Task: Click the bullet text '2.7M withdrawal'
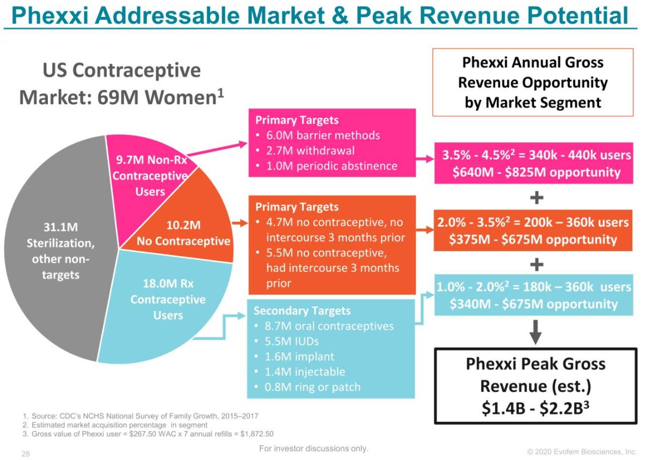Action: (x=310, y=150)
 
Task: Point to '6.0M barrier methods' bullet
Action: (x=323, y=135)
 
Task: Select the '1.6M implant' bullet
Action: (x=299, y=356)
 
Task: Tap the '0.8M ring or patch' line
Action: (x=312, y=387)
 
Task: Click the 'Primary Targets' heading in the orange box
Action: (x=297, y=207)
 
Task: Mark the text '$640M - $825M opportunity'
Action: (x=537, y=172)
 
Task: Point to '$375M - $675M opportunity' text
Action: (x=533, y=240)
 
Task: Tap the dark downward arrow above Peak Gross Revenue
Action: (x=536, y=332)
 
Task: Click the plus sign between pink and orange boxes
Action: (x=537, y=198)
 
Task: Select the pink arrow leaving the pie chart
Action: (x=217, y=149)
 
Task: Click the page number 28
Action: (x=26, y=454)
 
